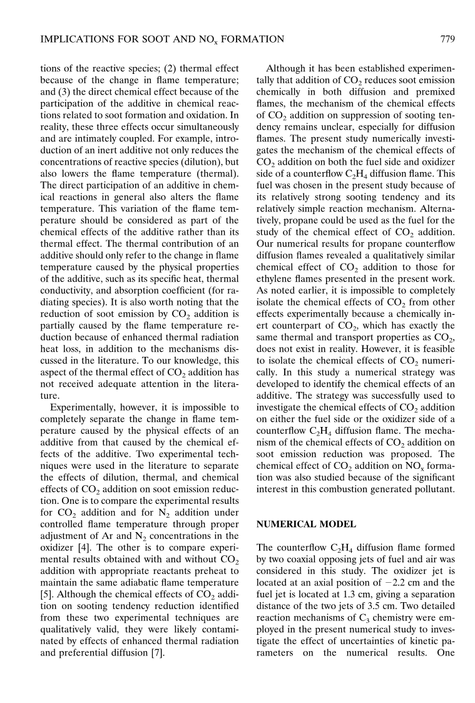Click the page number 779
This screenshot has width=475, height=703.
pos(446,39)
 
